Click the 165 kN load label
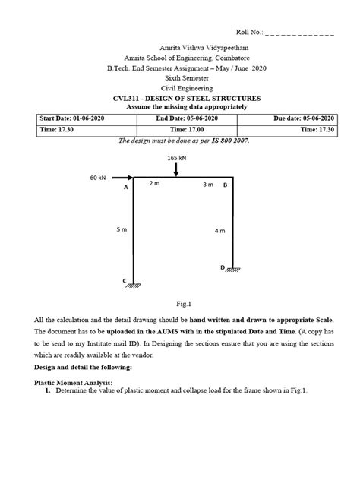(x=175, y=158)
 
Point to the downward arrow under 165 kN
(x=175, y=171)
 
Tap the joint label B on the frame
(x=225, y=184)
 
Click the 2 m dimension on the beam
(x=154, y=184)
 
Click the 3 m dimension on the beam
(x=207, y=184)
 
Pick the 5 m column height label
(x=121, y=228)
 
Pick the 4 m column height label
(x=219, y=230)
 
